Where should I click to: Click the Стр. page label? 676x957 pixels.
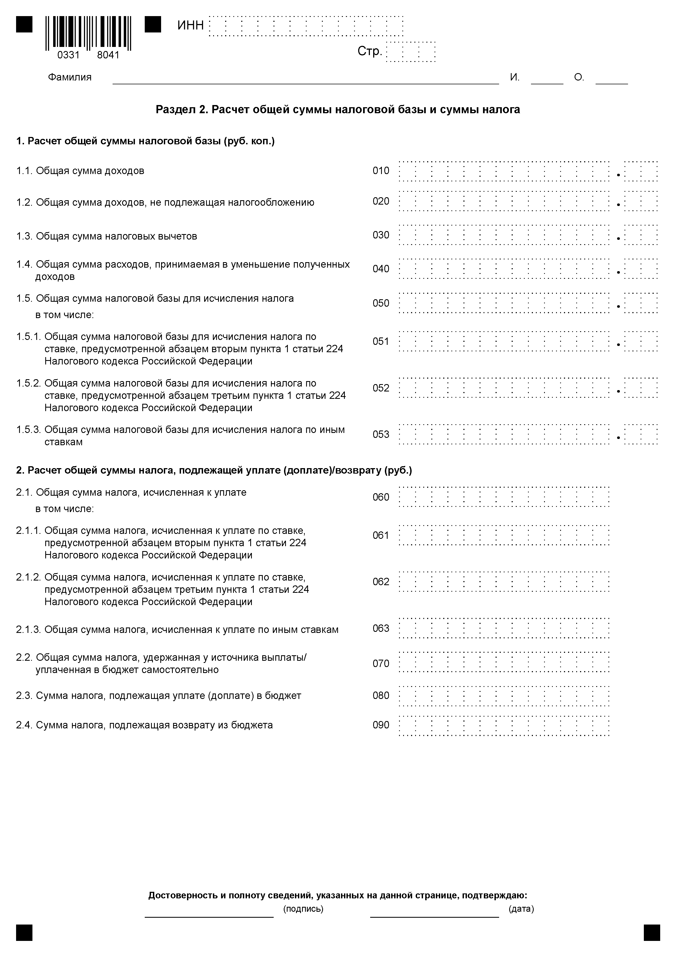369,51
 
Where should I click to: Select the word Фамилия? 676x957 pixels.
70,77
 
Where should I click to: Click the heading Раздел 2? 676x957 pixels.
337,110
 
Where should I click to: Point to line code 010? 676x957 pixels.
381,171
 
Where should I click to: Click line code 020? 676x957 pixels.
381,201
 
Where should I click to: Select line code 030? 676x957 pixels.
381,235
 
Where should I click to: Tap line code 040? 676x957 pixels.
381,269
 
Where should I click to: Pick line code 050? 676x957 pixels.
381,303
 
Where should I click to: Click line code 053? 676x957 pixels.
381,434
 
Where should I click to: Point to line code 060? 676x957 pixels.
381,497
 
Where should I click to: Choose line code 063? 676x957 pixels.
381,628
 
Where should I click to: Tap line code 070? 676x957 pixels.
381,663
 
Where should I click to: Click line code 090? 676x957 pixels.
381,725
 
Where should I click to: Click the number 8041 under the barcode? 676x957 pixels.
108,55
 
